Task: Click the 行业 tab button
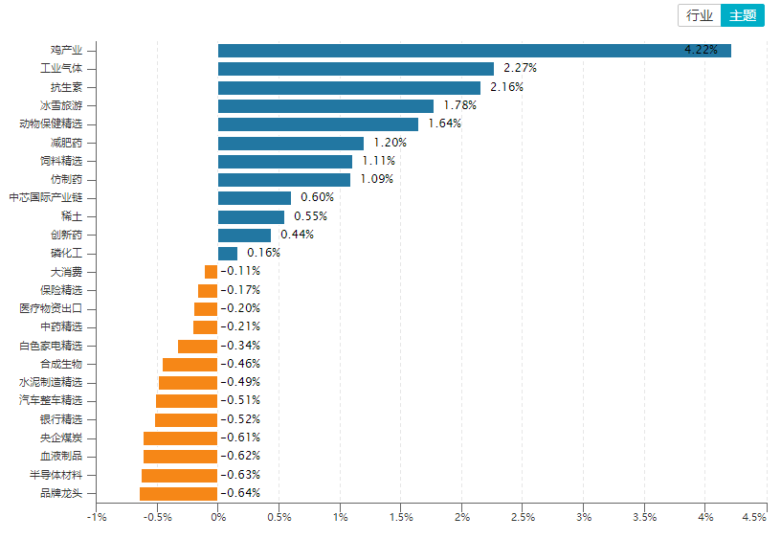point(700,15)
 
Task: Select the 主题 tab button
point(743,15)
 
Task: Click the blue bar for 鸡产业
point(474,51)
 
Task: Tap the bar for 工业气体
point(355,69)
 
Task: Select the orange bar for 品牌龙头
point(179,493)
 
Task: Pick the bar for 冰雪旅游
point(325,105)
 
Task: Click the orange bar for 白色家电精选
point(198,346)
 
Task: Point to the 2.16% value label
point(506,87)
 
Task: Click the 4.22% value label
point(701,50)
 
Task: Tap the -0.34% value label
point(240,346)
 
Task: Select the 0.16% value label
point(263,253)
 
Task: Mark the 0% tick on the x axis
point(218,517)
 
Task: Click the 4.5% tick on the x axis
point(753,517)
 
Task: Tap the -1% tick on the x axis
point(96,517)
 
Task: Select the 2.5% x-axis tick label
point(523,517)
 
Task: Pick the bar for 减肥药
point(291,143)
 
